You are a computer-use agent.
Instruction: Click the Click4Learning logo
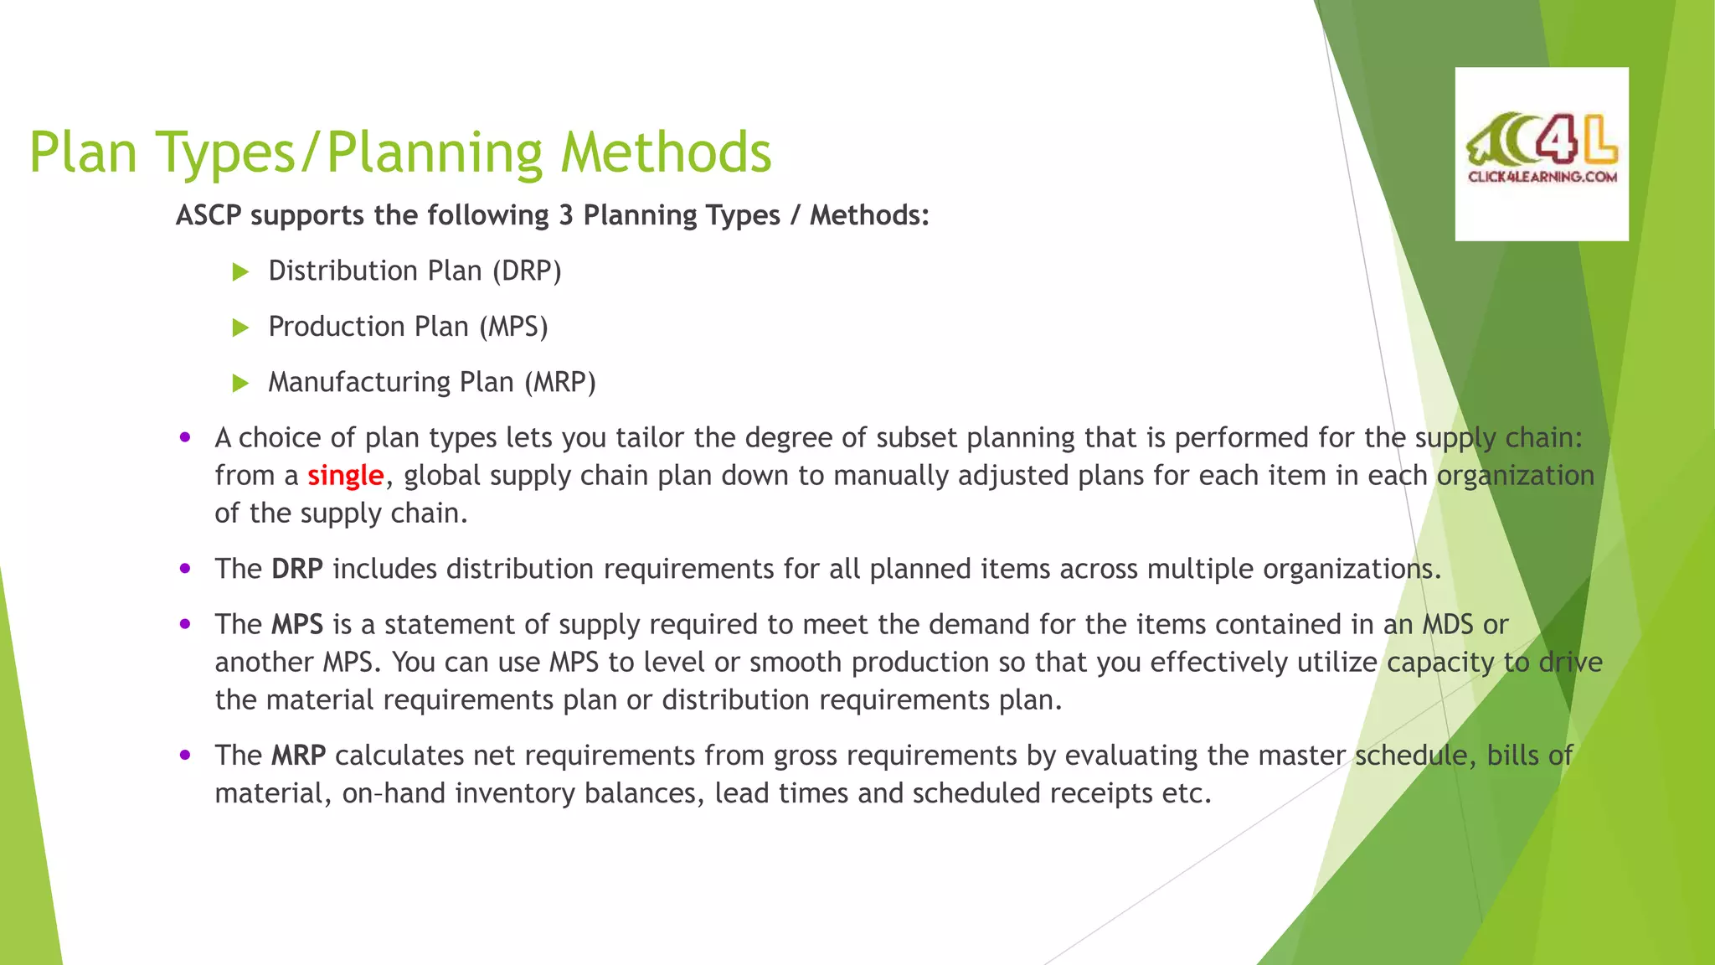(x=1542, y=153)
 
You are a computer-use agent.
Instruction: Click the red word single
(x=345, y=476)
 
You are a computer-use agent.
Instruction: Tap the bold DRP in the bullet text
(x=297, y=570)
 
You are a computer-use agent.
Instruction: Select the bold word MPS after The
(x=297, y=625)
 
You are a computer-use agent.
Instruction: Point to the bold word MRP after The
(x=298, y=756)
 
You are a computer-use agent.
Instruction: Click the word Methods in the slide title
(x=666, y=152)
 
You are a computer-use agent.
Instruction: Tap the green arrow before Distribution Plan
(x=240, y=271)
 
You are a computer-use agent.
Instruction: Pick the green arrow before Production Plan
(x=240, y=328)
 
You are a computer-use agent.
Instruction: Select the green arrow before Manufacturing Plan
(x=240, y=383)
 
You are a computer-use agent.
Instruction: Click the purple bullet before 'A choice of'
(x=185, y=437)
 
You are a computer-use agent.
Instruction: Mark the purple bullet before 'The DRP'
(x=185, y=569)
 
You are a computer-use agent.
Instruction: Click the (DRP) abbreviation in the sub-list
(x=526, y=271)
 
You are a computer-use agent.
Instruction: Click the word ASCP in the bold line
(x=209, y=215)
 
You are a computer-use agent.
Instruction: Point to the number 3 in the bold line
(x=566, y=215)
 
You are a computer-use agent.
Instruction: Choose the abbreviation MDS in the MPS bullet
(x=1448, y=625)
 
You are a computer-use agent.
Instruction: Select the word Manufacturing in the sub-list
(x=359, y=383)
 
